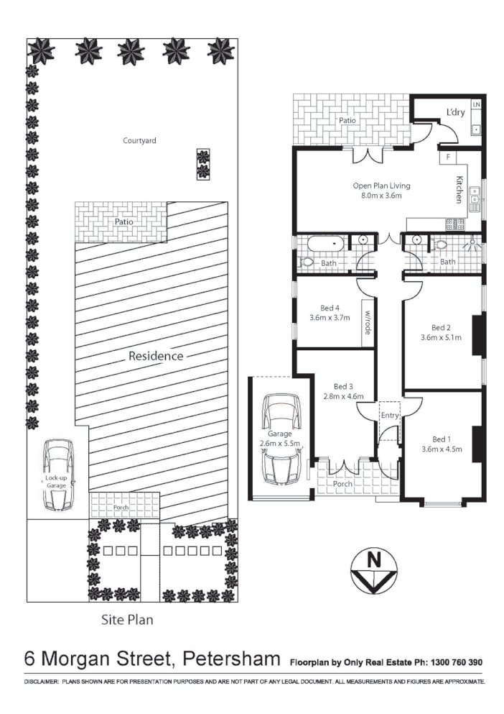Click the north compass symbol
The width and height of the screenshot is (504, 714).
click(x=373, y=570)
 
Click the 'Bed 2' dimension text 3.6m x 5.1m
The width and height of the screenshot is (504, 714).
click(x=441, y=336)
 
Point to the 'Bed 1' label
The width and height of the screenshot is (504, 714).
click(x=441, y=439)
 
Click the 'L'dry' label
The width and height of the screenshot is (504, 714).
click(x=455, y=113)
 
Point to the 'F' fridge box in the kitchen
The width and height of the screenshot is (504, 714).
click(x=447, y=156)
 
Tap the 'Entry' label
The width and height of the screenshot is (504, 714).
click(x=389, y=416)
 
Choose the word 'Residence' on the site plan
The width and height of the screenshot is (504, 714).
click(x=156, y=356)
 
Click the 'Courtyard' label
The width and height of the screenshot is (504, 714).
click(x=139, y=140)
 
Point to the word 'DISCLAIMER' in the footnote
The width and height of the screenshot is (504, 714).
click(x=40, y=681)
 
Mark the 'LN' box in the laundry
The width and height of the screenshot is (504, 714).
click(x=476, y=106)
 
